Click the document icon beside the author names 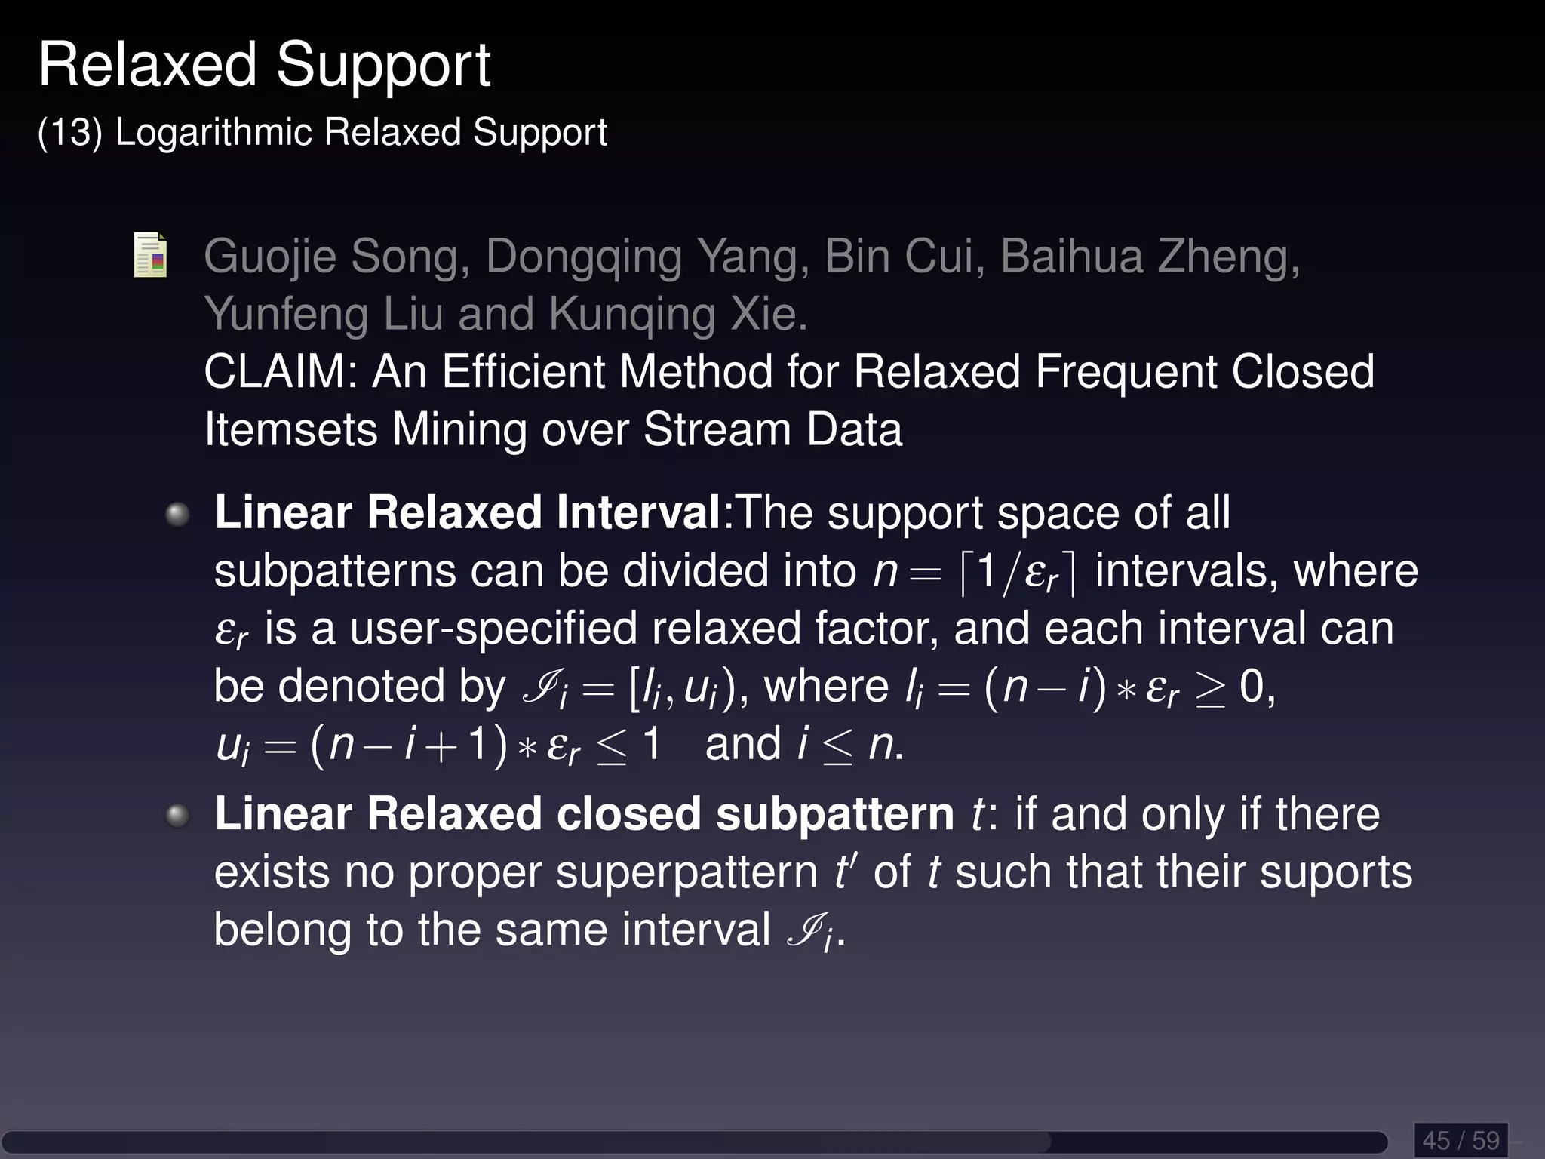(x=150, y=255)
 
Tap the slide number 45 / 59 (x=1461, y=1139)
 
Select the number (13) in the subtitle (x=69, y=133)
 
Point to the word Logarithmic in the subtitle (x=213, y=133)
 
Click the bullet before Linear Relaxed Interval (x=177, y=515)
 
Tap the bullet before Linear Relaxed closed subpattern (x=177, y=816)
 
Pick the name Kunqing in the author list (x=631, y=314)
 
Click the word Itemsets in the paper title (x=290, y=429)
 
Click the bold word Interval (x=638, y=513)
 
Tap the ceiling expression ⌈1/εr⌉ (x=1018, y=572)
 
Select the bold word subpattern (x=835, y=814)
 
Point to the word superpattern (x=687, y=874)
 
